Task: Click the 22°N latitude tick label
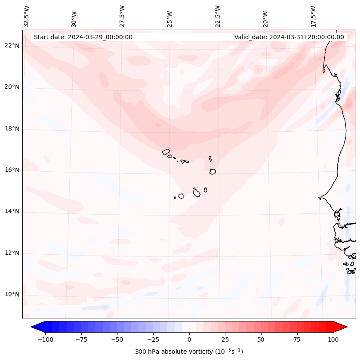point(12,46)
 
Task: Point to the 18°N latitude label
point(12,129)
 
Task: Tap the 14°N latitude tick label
point(12,212)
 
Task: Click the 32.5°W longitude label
point(27,16)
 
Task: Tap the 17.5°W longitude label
point(313,16)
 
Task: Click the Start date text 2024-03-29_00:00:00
point(83,37)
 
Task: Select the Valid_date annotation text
point(289,37)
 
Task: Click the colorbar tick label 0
point(189,339)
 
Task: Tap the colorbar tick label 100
point(333,339)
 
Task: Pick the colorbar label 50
point(261,339)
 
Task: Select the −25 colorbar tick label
point(153,339)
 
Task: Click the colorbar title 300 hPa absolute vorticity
point(189,352)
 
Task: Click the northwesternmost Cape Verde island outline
point(166,151)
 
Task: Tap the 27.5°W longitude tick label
point(122,16)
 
